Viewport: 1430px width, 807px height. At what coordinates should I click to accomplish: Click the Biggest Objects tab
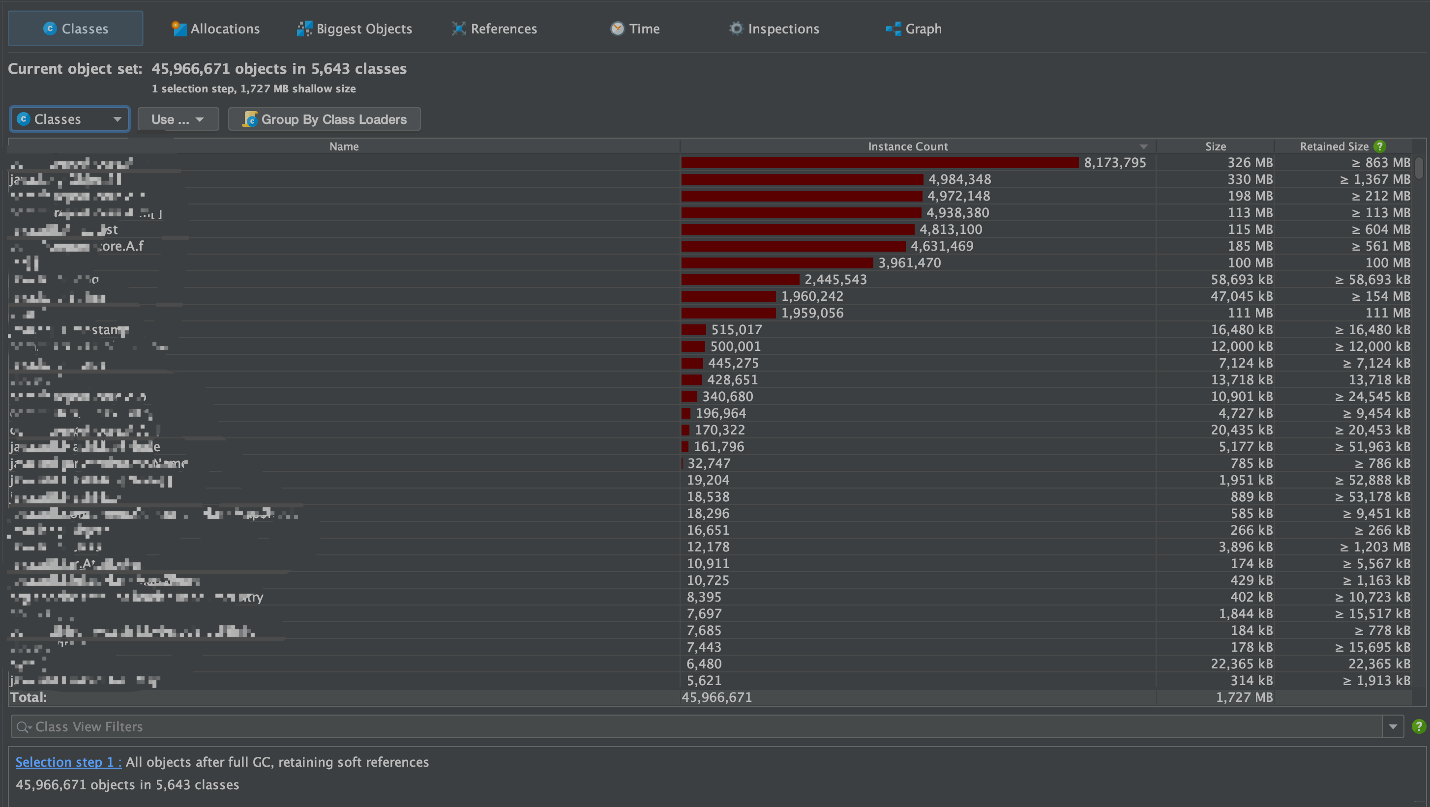pos(355,29)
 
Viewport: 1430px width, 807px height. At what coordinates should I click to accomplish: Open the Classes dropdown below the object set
pos(69,119)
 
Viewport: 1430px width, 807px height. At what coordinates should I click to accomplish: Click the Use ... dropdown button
pos(178,119)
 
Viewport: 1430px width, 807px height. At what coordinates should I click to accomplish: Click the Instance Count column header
pos(908,146)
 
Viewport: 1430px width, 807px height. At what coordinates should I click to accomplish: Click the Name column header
pos(344,146)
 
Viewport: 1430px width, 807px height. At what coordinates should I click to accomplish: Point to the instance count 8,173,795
pos(1115,163)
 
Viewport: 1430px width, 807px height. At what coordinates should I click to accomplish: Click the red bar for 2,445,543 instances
pos(740,280)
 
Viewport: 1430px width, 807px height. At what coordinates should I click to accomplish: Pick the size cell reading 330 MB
pos(1250,180)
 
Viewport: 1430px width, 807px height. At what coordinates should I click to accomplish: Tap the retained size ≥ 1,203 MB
pos(1375,547)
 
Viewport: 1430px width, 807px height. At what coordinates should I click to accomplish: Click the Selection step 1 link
pos(68,762)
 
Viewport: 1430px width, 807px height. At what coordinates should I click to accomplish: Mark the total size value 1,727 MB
pos(1244,697)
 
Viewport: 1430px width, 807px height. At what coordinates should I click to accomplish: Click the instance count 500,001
pos(735,346)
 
